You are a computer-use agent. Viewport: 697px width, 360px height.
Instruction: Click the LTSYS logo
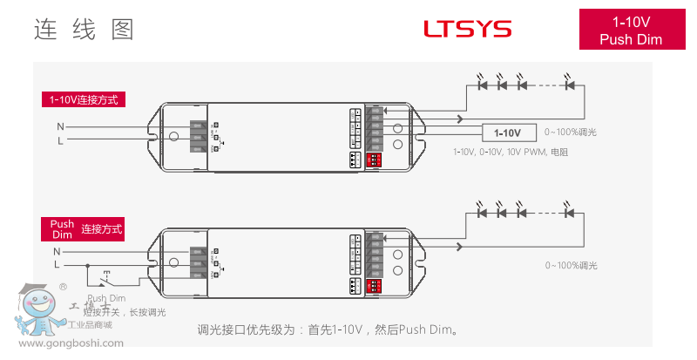467,29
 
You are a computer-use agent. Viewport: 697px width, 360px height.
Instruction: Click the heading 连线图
84,30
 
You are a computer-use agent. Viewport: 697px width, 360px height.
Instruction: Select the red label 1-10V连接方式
84,99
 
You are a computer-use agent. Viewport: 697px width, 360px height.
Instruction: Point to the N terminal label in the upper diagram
60,126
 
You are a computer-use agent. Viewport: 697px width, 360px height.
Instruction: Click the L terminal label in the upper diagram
60,139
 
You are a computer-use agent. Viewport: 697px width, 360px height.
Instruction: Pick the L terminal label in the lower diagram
57,264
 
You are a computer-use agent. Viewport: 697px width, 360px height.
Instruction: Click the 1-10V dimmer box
507,132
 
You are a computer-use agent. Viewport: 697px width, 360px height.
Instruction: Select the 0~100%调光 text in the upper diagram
571,132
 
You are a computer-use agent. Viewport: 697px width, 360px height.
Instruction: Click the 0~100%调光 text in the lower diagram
571,264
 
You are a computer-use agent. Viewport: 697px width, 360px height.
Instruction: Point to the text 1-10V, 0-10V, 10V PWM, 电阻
511,152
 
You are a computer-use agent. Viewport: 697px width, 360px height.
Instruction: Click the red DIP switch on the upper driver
376,160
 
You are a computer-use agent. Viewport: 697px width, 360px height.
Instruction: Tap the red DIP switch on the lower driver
376,285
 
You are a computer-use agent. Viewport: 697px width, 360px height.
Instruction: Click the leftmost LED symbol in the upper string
482,85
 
